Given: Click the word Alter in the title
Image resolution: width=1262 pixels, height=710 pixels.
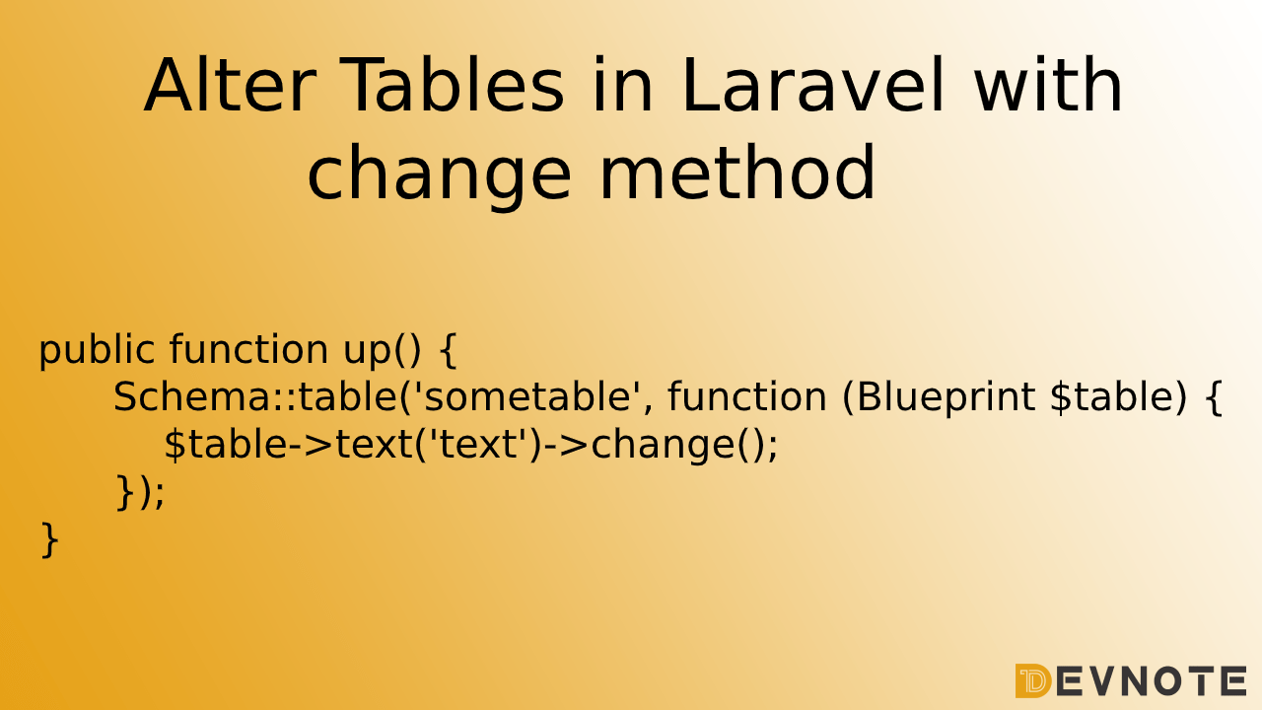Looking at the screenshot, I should coord(229,87).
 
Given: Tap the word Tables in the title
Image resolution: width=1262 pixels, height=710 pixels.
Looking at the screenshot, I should coord(453,87).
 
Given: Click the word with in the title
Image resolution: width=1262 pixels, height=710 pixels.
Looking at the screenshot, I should coord(1047,87).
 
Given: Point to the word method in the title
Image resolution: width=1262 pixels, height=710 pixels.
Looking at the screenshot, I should coord(737,174).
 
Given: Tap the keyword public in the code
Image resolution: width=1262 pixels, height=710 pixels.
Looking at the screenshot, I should coord(97,350).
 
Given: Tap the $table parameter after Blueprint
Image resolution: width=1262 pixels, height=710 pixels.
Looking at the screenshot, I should coord(1118,397).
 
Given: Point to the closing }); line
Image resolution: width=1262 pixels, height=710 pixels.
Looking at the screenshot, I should coord(140,492).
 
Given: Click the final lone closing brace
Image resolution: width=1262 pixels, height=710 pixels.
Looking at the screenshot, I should coord(49,539).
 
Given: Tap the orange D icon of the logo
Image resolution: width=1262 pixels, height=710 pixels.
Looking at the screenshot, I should coord(1032,680).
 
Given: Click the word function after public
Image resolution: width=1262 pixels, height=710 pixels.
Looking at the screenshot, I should coord(248,350).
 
